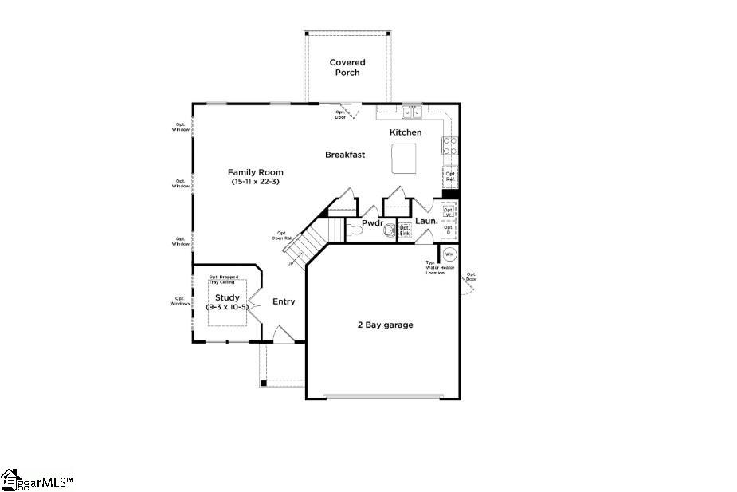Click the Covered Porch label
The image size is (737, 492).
click(x=347, y=67)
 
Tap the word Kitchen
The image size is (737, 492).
click(x=406, y=132)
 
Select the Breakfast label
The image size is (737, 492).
click(x=345, y=155)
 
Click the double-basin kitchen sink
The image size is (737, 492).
click(x=411, y=112)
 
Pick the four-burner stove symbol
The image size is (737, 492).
click(x=450, y=145)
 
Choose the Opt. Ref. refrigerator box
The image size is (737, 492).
click(x=451, y=176)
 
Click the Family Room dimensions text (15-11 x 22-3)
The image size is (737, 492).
click(x=255, y=182)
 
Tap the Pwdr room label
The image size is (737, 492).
click(x=373, y=223)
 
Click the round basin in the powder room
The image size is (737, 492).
click(x=389, y=231)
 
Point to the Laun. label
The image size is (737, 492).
click(x=426, y=221)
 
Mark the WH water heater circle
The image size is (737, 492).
click(x=449, y=255)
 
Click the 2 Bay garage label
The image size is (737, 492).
click(x=384, y=325)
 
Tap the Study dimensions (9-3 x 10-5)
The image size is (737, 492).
click(x=227, y=307)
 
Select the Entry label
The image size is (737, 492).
click(x=284, y=301)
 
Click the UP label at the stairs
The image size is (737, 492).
click(x=290, y=264)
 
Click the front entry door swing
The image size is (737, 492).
click(x=283, y=334)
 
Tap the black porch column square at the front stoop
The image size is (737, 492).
click(x=263, y=384)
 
